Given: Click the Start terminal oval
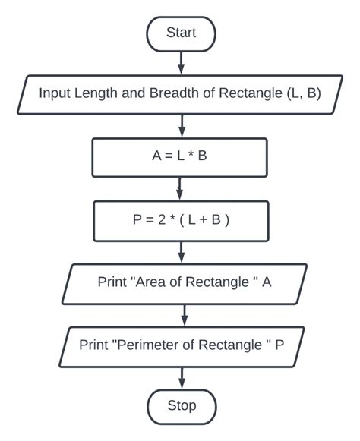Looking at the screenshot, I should tap(181, 33).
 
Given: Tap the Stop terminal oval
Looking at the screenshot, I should tap(181, 405).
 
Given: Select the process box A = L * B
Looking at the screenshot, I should tap(179, 158).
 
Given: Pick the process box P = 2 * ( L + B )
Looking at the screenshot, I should tap(180, 220).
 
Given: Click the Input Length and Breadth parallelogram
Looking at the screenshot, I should tap(180, 95).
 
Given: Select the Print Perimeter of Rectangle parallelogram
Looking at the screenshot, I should tap(182, 345).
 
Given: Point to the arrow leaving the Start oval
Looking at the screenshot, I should tap(181, 62).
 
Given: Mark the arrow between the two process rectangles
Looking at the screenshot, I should tap(180, 189).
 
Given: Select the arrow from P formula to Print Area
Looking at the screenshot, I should tap(181, 251).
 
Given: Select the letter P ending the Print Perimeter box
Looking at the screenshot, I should tap(279, 345).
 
